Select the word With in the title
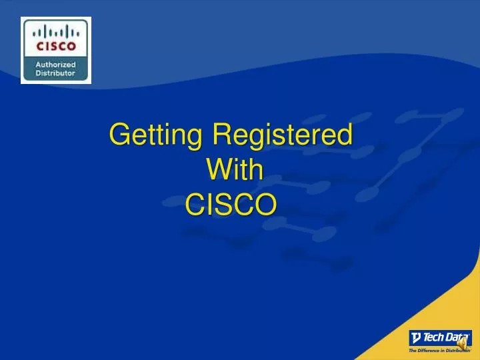pyautogui.click(x=234, y=171)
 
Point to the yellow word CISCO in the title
pyautogui.click(x=231, y=205)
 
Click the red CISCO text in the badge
pyautogui.click(x=56, y=47)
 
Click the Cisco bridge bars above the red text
pyautogui.click(x=56, y=32)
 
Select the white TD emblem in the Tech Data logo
pyautogui.click(x=416, y=337)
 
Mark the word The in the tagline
pyautogui.click(x=413, y=350)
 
